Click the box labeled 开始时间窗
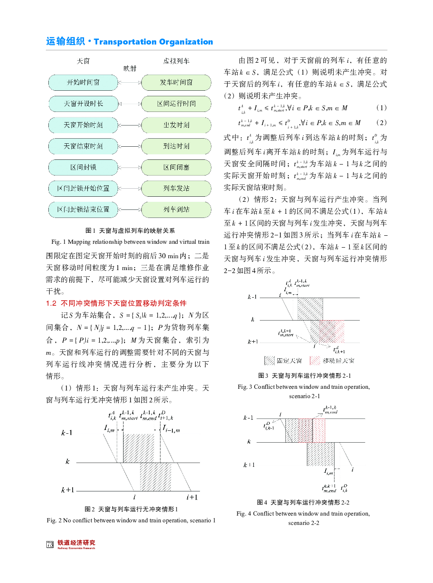83,83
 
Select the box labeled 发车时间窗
176,83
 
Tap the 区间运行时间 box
176,104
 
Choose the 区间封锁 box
83,167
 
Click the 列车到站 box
176,209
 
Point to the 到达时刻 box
176,146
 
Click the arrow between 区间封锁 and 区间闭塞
129,167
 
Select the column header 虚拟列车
176,61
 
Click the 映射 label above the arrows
130,68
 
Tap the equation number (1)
381,108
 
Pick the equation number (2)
381,123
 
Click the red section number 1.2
51,303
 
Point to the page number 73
50,544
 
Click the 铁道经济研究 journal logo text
76,543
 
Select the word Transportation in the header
125,42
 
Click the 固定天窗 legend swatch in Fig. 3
270,360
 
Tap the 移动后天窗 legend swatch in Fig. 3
315,360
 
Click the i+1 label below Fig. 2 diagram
192,497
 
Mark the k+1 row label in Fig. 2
67,490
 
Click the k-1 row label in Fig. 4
248,418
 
